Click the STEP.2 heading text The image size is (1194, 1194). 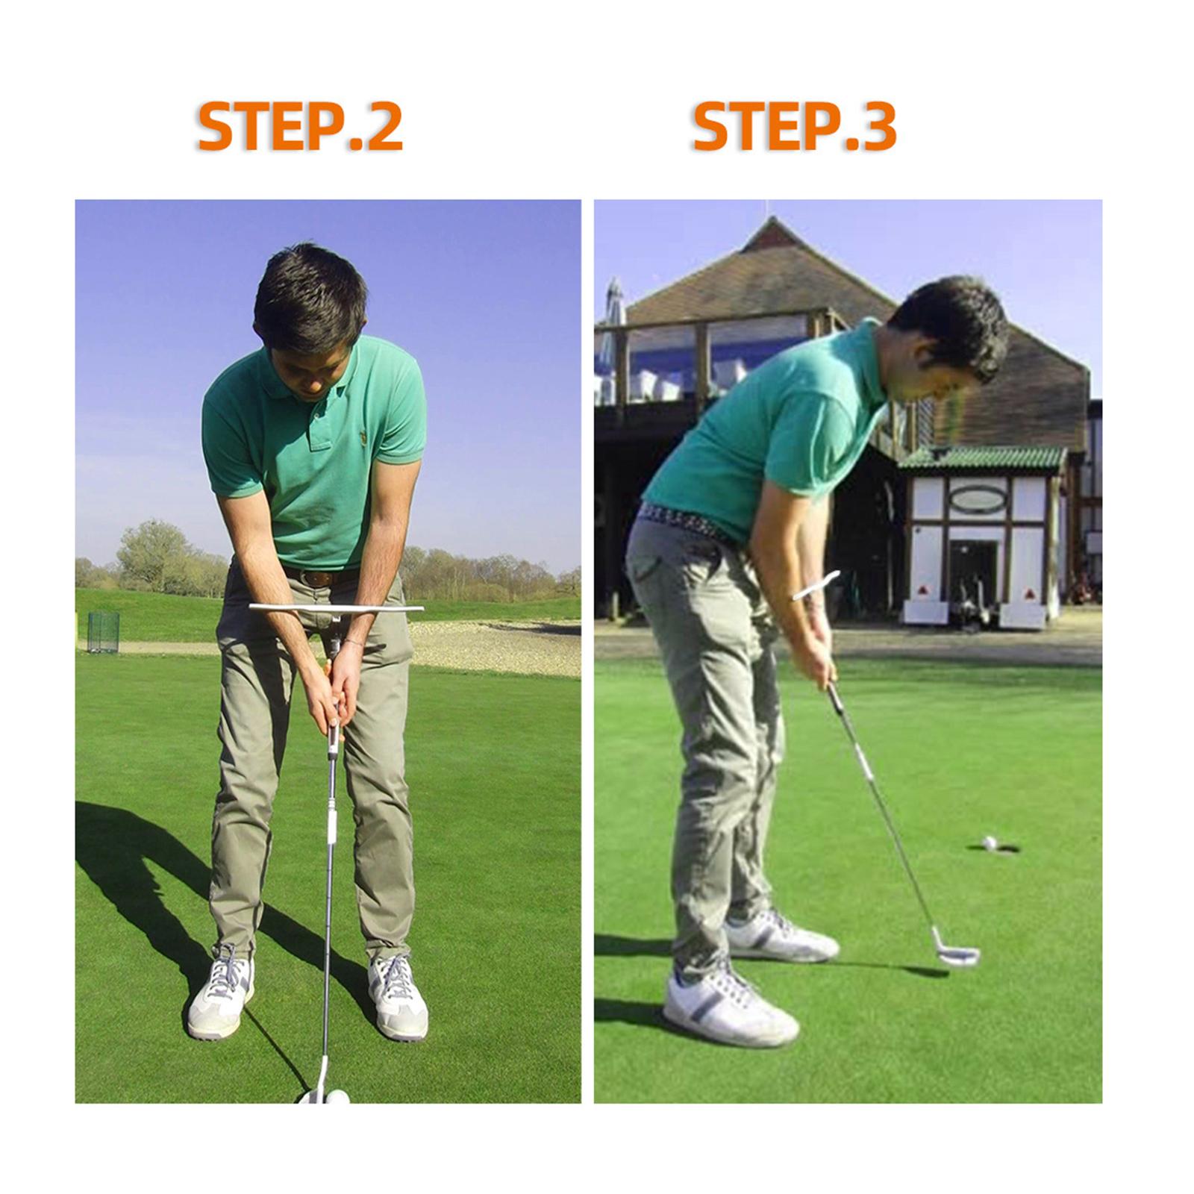click(x=300, y=128)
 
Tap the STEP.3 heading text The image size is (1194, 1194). click(x=794, y=128)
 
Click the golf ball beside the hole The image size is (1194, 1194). click(x=989, y=843)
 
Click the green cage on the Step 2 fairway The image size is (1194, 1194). click(x=103, y=632)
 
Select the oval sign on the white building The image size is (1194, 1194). click(x=978, y=498)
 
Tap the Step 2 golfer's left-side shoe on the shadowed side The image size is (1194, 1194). click(x=221, y=990)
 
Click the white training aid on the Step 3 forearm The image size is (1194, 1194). click(x=816, y=585)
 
